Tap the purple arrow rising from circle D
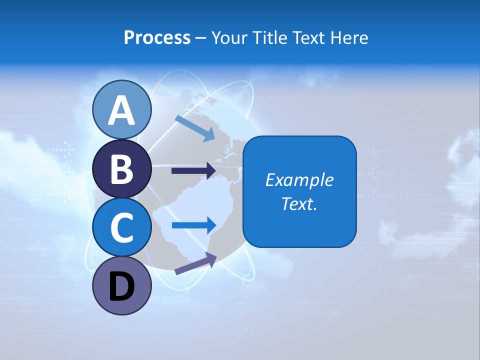click(195, 263)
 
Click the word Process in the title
click(157, 37)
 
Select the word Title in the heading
click(270, 37)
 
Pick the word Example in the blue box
click(299, 180)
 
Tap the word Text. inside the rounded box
click(299, 203)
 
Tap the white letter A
click(121, 110)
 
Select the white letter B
click(121, 169)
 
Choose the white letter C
click(121, 228)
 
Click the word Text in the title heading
click(311, 37)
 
